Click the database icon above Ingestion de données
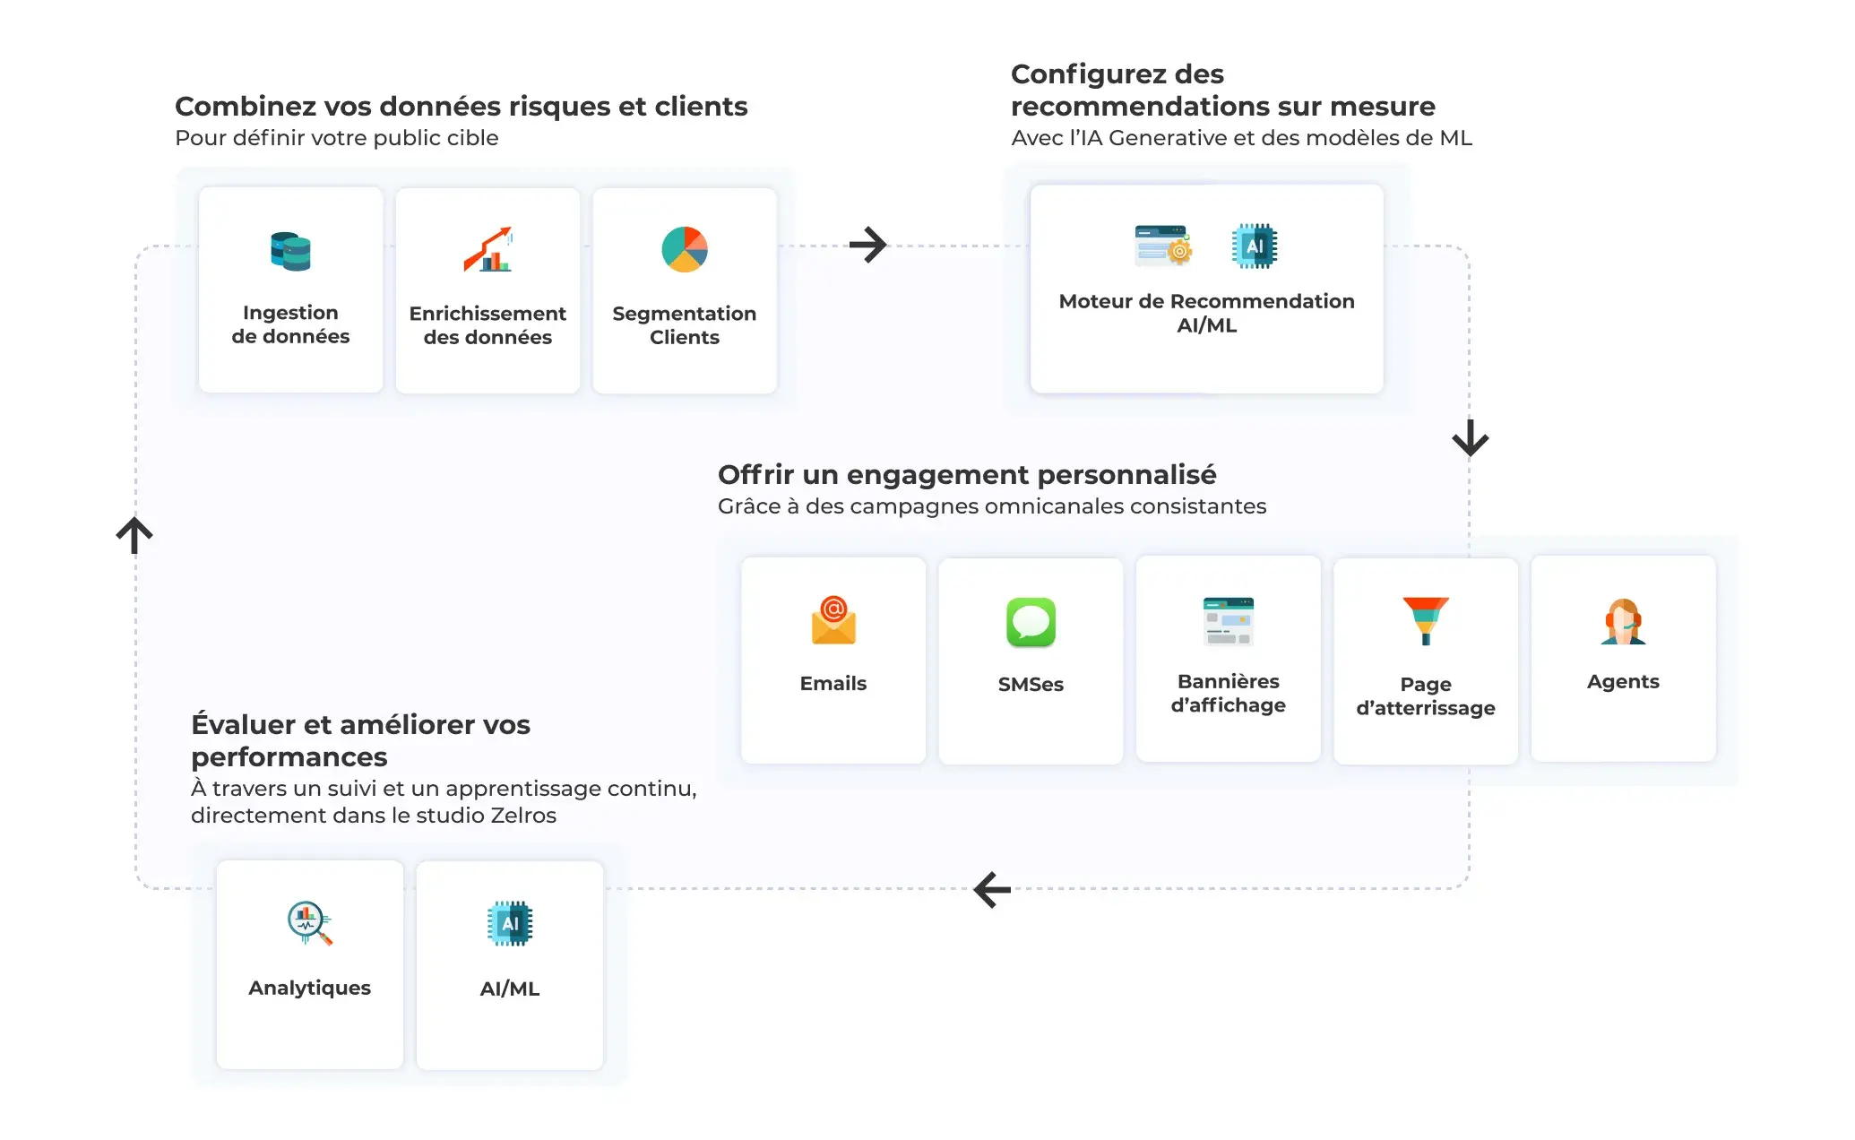pos(290,251)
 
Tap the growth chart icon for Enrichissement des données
pos(487,249)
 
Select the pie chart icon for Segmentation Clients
pos(685,249)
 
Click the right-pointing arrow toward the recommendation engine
pos(867,245)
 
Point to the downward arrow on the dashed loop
pos(1470,438)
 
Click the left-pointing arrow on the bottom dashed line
pos(992,890)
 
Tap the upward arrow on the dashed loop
pos(134,535)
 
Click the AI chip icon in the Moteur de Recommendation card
pos(1255,246)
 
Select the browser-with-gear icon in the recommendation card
pos(1163,246)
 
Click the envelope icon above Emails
pos(833,620)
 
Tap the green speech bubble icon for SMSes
pos(1031,622)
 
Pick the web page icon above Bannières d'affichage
pos(1228,621)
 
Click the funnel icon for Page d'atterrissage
pos(1426,620)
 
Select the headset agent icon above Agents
pos(1623,621)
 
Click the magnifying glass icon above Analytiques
pos(309,923)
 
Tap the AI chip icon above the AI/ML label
pos(510,924)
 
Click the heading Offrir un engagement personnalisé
pos(967,474)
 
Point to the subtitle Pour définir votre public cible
pos(336,138)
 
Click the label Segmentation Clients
pos(685,325)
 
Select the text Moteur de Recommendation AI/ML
pos(1206,314)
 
